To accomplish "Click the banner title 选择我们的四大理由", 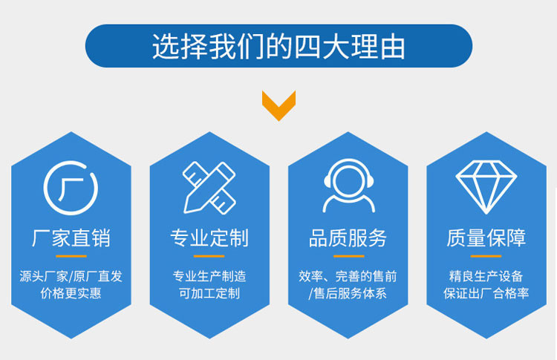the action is (x=278, y=46).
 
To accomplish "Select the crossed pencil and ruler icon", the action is (x=209, y=188).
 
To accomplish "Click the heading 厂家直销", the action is (x=71, y=238).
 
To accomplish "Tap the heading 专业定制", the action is (x=209, y=238).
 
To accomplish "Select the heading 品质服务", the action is (x=348, y=238).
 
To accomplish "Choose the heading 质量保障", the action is (x=486, y=238).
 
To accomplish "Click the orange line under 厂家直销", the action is (x=71, y=256).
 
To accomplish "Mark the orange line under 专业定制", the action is (x=209, y=256).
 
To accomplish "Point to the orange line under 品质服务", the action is (x=349, y=256).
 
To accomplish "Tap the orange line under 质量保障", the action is (x=486, y=256).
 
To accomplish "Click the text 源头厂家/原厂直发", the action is (x=71, y=276).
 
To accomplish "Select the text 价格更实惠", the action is (x=71, y=293).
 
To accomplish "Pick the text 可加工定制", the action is (x=209, y=293).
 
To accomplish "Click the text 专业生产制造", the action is (x=209, y=276).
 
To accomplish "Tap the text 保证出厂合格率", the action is (x=486, y=293).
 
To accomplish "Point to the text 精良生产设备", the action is (x=486, y=276).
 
